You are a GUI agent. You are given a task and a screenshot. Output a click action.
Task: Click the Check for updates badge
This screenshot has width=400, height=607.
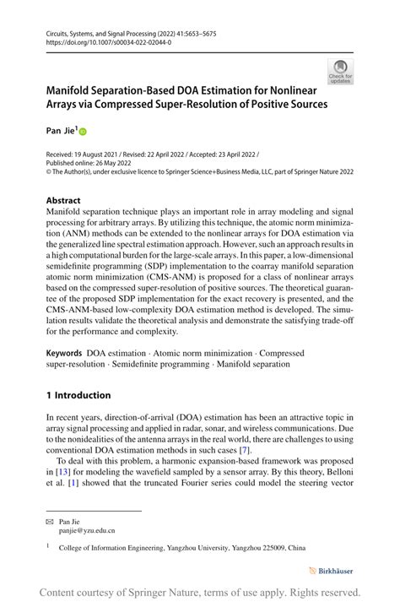341,71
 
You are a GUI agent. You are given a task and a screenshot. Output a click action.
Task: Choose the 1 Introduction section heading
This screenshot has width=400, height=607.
78,395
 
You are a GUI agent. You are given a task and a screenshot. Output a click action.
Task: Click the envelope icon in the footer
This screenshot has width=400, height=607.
50,521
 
